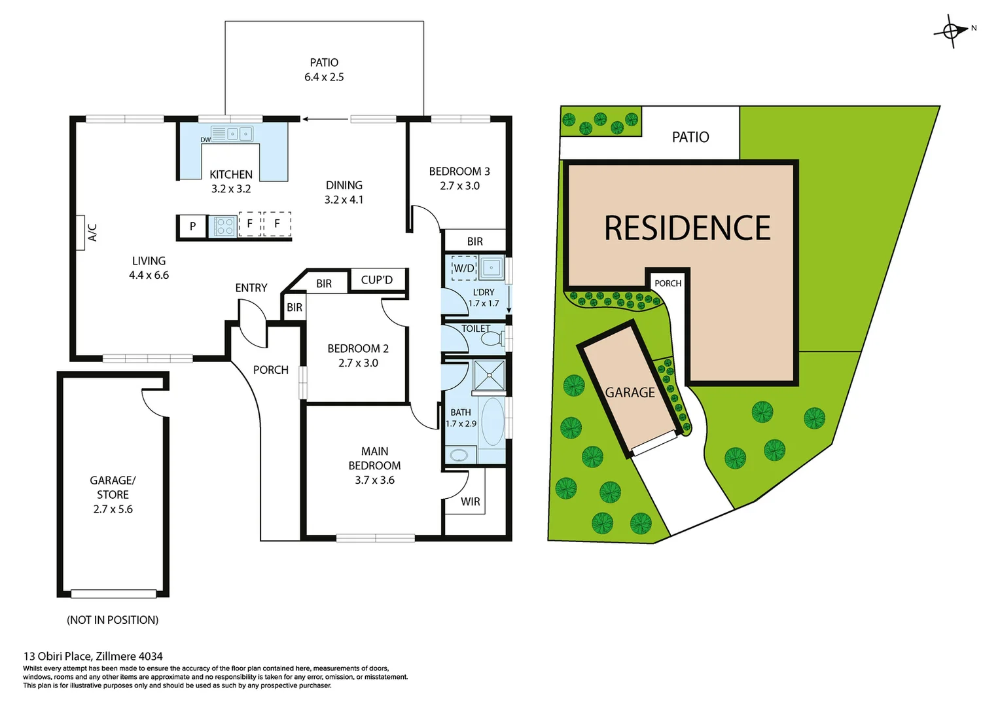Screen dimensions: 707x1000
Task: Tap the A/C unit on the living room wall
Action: point(81,232)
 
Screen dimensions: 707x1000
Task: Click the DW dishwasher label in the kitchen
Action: point(205,139)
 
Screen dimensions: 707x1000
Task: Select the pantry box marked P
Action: point(192,227)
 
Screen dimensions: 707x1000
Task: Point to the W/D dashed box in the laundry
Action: point(464,268)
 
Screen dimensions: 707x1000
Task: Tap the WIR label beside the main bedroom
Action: point(470,501)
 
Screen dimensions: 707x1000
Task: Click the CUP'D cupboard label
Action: point(377,280)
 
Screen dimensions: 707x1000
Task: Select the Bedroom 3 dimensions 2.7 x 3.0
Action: point(459,186)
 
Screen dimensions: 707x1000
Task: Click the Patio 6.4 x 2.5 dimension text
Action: point(324,77)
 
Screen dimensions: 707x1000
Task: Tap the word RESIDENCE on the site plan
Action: point(687,228)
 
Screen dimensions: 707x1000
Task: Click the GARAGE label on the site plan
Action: point(630,393)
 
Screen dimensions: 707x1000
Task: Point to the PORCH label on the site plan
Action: point(668,283)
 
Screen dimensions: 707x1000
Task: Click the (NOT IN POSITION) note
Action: point(113,620)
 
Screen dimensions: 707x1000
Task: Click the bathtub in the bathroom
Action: point(493,421)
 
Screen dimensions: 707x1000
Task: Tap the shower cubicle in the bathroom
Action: point(489,376)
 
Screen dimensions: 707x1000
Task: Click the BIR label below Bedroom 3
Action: point(475,242)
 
